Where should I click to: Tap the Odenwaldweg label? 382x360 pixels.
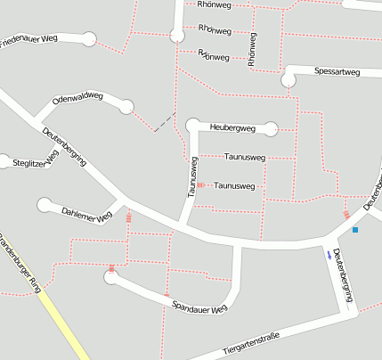coord(78,97)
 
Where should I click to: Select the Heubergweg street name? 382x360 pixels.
coord(232,128)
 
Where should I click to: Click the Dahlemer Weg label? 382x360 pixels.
coord(86,214)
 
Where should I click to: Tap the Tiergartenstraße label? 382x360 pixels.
coord(250,340)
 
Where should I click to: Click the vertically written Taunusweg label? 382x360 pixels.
coord(191,176)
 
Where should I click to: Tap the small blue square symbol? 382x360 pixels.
coord(355,230)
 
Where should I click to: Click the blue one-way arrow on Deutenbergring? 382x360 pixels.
coord(329,255)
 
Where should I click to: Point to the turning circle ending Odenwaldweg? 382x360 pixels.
coord(126,107)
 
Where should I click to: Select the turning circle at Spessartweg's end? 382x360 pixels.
coord(289,80)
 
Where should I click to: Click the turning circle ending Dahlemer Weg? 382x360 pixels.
coord(44,206)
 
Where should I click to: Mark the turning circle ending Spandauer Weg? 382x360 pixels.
coord(111,278)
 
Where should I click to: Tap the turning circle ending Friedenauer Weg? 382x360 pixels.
coord(88,39)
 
